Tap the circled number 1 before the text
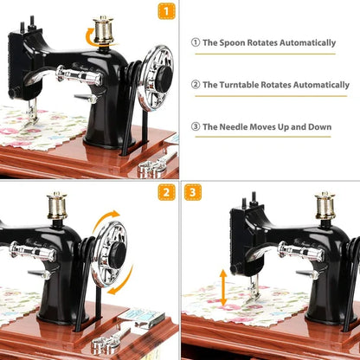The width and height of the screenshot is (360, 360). click(x=196, y=42)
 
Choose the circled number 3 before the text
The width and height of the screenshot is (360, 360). click(x=196, y=127)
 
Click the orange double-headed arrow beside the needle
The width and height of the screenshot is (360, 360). click(x=222, y=287)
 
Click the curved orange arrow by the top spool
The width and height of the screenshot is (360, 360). click(x=90, y=35)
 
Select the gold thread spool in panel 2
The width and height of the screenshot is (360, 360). click(x=58, y=205)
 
